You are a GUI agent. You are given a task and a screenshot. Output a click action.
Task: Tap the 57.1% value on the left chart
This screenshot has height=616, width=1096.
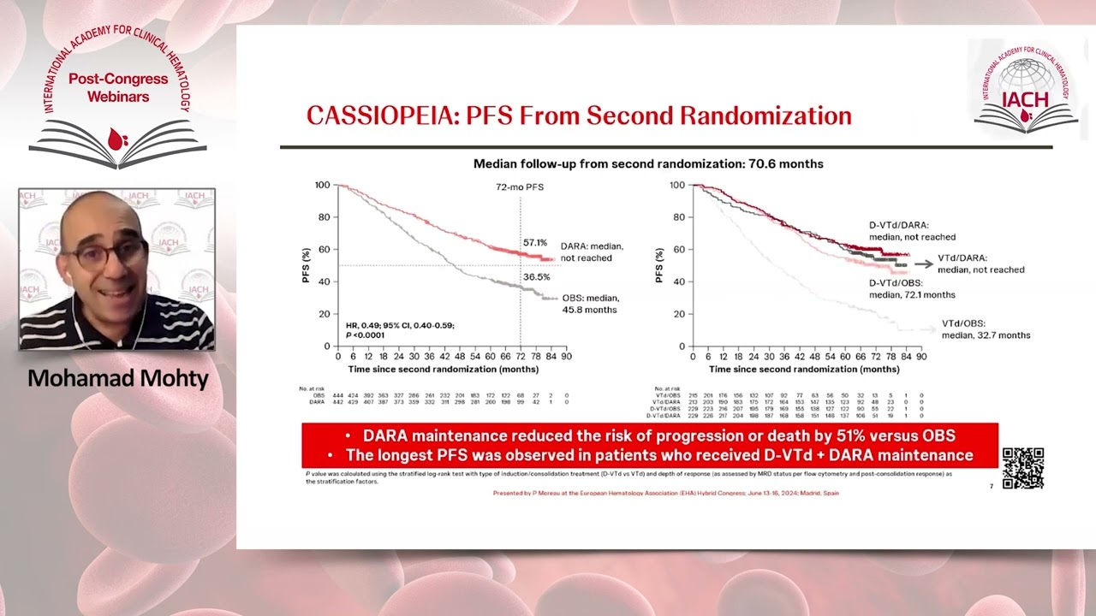coord(535,242)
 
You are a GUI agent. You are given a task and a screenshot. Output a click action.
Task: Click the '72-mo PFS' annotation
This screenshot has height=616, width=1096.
coord(519,187)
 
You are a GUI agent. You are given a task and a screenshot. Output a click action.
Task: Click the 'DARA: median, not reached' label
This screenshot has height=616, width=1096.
coord(593,252)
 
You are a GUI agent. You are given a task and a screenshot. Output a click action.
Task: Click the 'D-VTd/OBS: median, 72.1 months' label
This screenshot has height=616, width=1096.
coord(911,288)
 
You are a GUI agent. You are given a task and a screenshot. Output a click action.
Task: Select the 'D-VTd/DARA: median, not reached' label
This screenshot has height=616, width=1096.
coord(911,231)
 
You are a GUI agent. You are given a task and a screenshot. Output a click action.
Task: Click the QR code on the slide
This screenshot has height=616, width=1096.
coord(1022,468)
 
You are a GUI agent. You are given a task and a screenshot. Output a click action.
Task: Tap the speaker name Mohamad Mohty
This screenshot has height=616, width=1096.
coord(118,378)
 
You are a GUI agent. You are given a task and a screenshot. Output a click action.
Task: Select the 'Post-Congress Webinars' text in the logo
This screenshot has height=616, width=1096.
coord(109,88)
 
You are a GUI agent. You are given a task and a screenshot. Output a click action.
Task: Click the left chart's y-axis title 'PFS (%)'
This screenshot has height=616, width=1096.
coord(307,265)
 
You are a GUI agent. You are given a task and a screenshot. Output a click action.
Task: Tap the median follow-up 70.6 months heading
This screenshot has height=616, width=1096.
coord(648,163)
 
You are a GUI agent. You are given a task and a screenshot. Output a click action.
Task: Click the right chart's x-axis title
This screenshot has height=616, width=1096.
coord(804,370)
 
